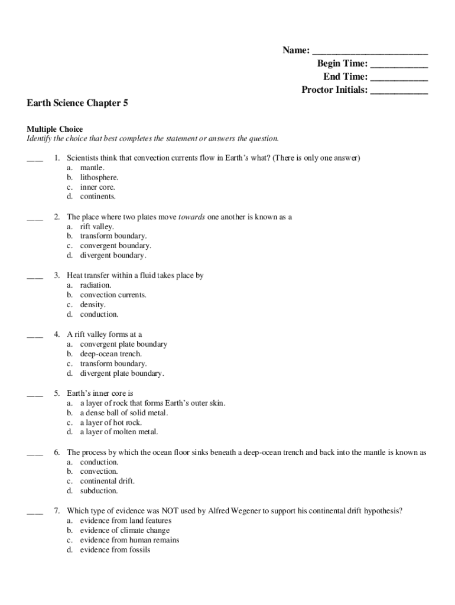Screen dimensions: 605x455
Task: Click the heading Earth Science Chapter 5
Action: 77,103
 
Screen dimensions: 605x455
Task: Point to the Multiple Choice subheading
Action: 55,129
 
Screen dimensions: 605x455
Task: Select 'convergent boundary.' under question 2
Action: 115,246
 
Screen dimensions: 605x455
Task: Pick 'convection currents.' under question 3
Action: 113,295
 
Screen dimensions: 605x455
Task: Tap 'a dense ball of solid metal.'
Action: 124,412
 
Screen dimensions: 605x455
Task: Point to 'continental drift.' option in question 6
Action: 107,481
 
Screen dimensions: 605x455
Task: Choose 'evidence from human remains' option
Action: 129,540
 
